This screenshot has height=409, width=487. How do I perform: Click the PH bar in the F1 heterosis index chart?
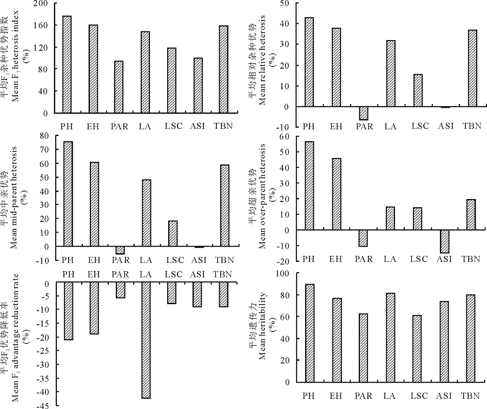[67, 64]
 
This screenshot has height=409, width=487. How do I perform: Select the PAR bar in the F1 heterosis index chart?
[119, 87]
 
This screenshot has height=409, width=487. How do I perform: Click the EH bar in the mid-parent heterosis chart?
[94, 204]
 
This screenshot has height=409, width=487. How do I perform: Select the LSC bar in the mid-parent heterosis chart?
[172, 233]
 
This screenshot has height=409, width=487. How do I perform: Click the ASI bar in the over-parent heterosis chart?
[444, 241]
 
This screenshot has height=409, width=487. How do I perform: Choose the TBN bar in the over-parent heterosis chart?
[470, 215]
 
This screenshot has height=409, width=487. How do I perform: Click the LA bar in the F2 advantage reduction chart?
[146, 341]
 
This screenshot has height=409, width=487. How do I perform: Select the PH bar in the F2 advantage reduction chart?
[68, 312]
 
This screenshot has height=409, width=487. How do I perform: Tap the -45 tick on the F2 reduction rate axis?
[41, 405]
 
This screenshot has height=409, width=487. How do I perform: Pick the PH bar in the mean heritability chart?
[310, 333]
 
